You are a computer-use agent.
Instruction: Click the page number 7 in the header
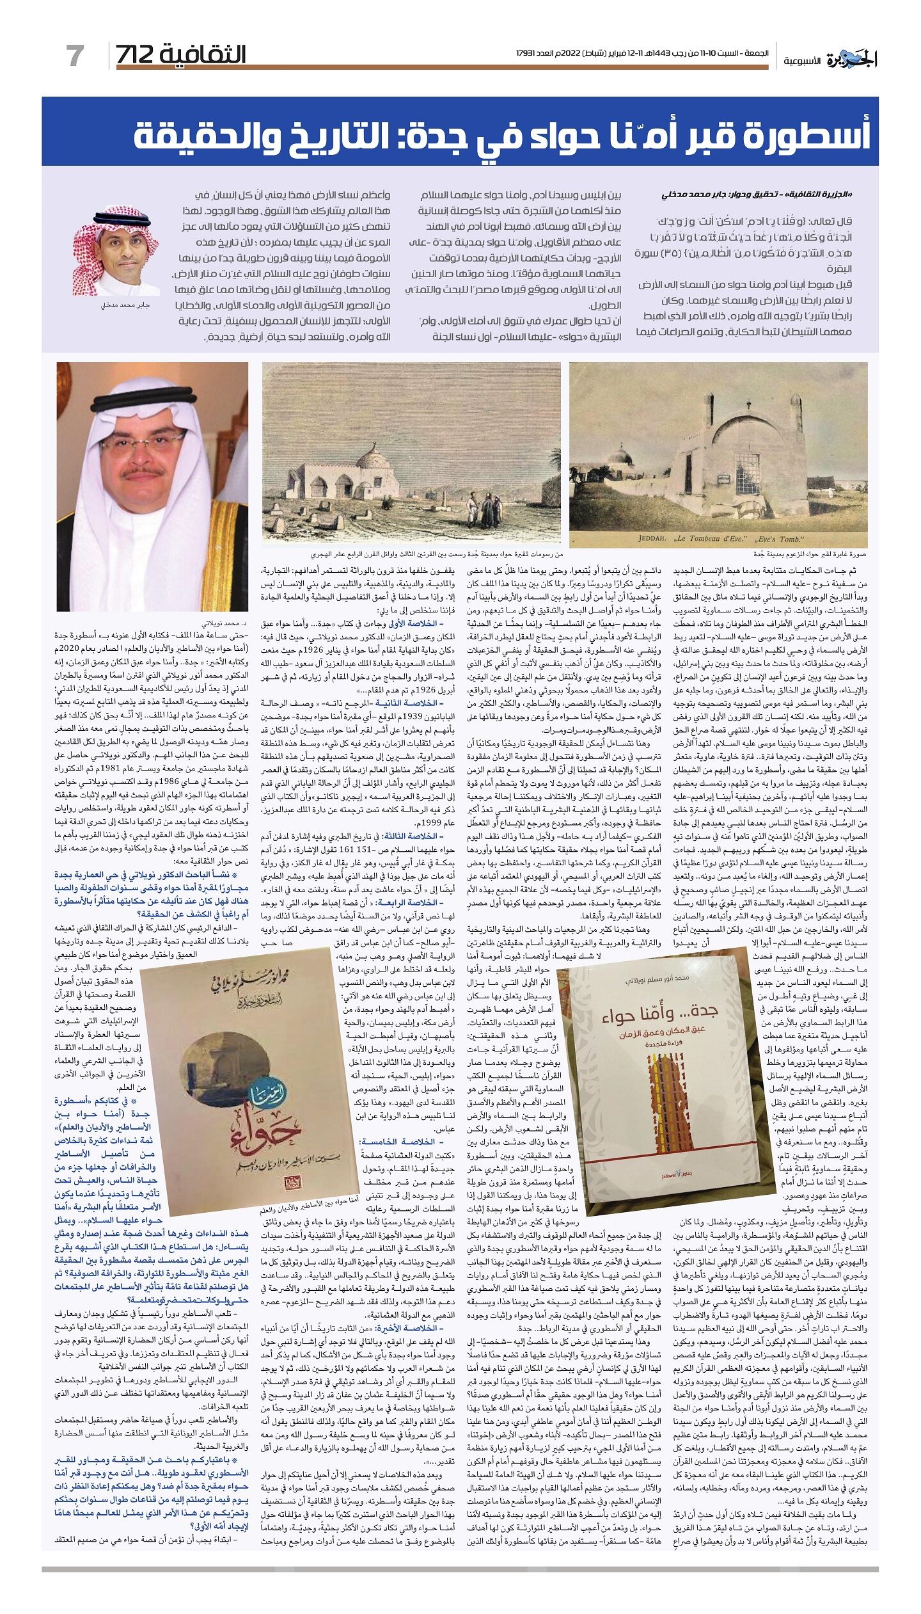pyautogui.click(x=75, y=56)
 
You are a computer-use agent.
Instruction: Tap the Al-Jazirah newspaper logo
pyautogui.click(x=851, y=60)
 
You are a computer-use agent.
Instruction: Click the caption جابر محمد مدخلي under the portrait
pyautogui.click(x=125, y=305)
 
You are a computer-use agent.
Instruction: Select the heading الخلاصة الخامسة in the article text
pyautogui.click(x=406, y=1141)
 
